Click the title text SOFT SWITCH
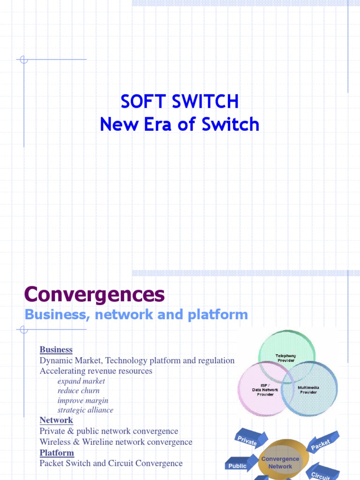[180, 101]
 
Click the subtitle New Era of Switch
[180, 124]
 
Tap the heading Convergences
[94, 294]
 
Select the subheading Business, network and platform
[136, 315]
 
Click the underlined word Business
[56, 349]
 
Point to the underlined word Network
[56, 420]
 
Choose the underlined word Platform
[57, 452]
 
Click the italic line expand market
[81, 381]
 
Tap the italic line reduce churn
[78, 390]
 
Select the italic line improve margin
[82, 400]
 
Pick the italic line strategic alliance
[85, 410]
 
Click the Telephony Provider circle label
[285, 358]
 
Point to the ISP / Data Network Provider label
[265, 390]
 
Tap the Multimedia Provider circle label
[308, 390]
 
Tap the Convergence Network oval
[280, 463]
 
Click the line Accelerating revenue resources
[96, 371]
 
